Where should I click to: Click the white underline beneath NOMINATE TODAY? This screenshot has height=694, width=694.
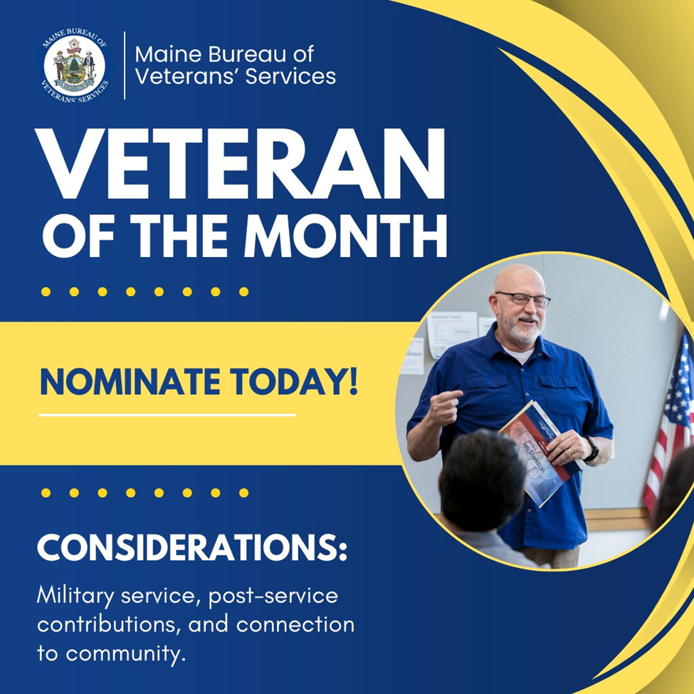tap(167, 414)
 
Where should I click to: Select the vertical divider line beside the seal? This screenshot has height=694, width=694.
tap(125, 65)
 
